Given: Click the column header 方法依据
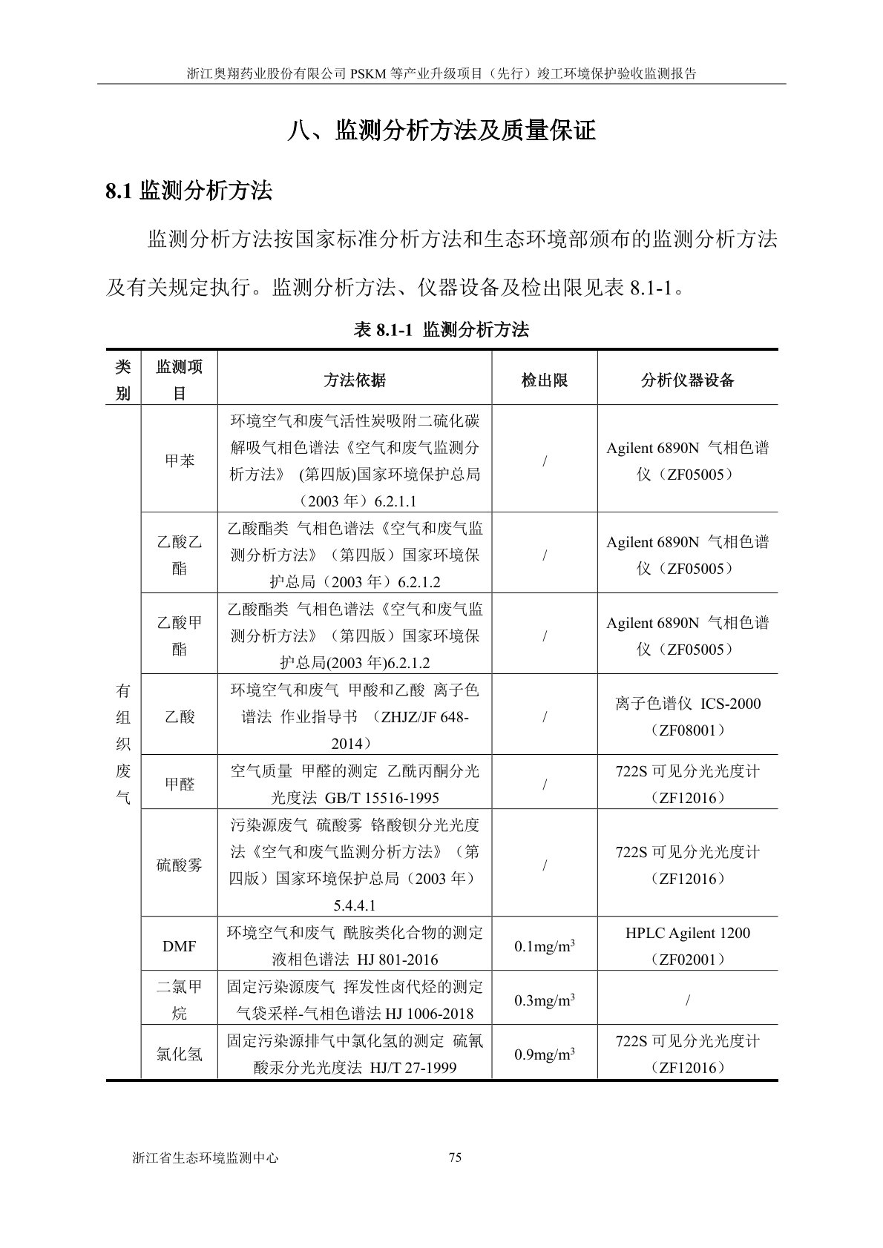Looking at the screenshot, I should tap(354, 380).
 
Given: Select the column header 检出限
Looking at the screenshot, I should tap(544, 380).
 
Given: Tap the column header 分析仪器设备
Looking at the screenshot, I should tap(687, 380).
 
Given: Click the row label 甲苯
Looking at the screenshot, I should tap(179, 460).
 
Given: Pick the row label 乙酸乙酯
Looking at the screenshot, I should tap(179, 555).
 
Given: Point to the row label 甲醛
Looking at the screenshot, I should tap(179, 784).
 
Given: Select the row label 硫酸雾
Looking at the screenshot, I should tap(179, 865).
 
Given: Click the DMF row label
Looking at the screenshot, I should tap(179, 946).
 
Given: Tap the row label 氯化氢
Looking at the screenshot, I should tap(179, 1054).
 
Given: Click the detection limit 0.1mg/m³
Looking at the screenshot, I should tap(544, 946).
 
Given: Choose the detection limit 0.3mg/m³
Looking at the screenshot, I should tap(544, 1000).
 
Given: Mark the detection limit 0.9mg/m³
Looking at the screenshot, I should tap(544, 1054).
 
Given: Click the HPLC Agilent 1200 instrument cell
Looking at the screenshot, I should tap(687, 945).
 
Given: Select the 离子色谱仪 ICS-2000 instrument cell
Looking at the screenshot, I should tap(687, 716).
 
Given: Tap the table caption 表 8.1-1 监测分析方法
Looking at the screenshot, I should tap(441, 330).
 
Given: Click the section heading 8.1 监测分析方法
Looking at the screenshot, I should tap(188, 191).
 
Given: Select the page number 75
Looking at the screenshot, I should tap(456, 1158).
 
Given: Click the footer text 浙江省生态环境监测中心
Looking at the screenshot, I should tap(205, 1158).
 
